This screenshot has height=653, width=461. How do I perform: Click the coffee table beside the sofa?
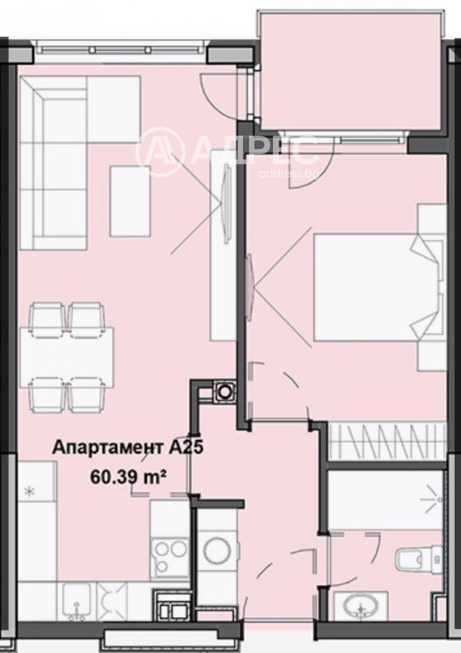pyautogui.click(x=130, y=201)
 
